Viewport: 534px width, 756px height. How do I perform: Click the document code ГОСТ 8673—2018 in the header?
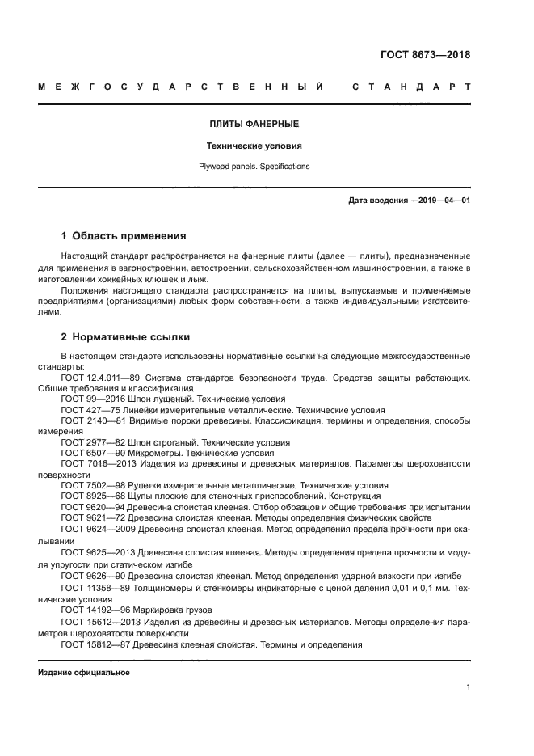click(x=425, y=56)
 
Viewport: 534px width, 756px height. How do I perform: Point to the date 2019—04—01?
click(x=443, y=200)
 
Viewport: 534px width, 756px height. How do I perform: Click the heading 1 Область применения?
click(x=124, y=236)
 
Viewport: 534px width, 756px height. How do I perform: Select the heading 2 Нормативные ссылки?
click(x=125, y=336)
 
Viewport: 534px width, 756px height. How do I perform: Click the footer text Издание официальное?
click(x=83, y=673)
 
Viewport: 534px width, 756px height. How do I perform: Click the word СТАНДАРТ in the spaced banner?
click(x=411, y=86)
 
